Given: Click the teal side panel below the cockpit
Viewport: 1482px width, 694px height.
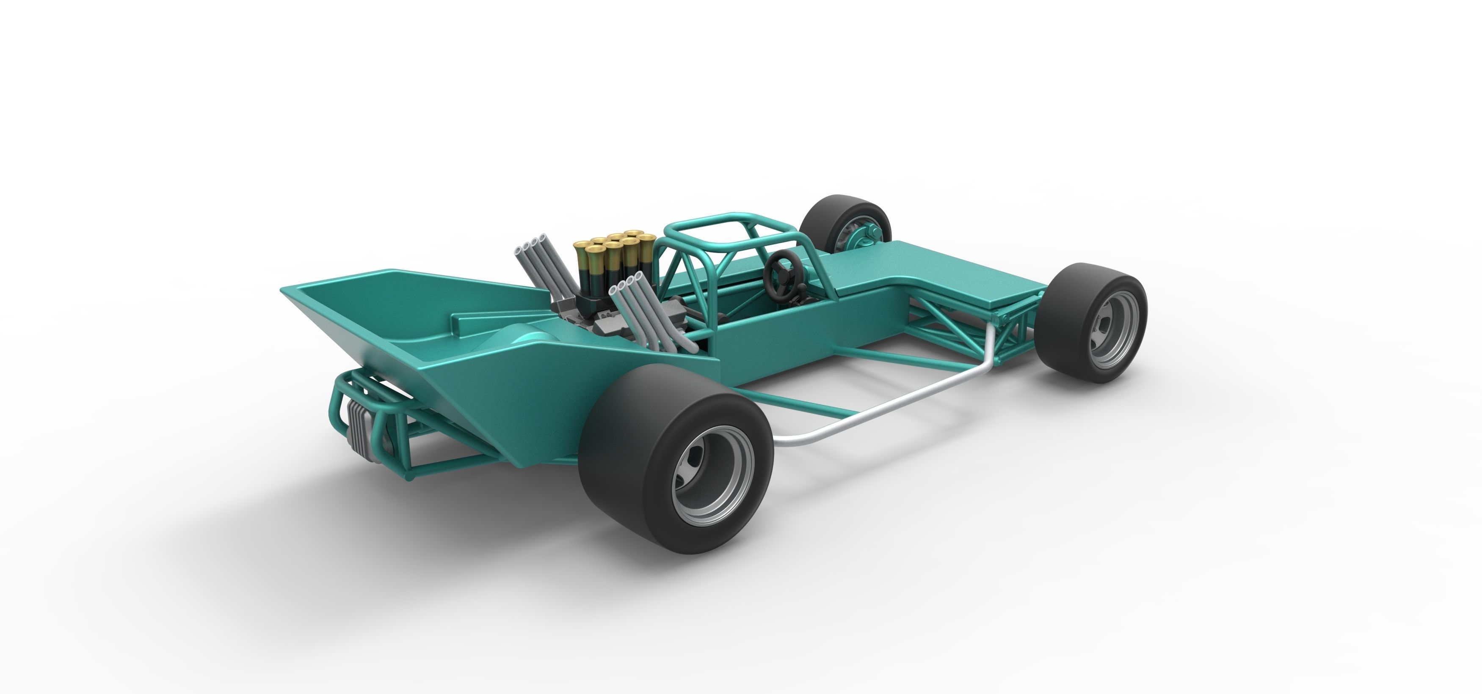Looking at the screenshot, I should pyautogui.click(x=806, y=345).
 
